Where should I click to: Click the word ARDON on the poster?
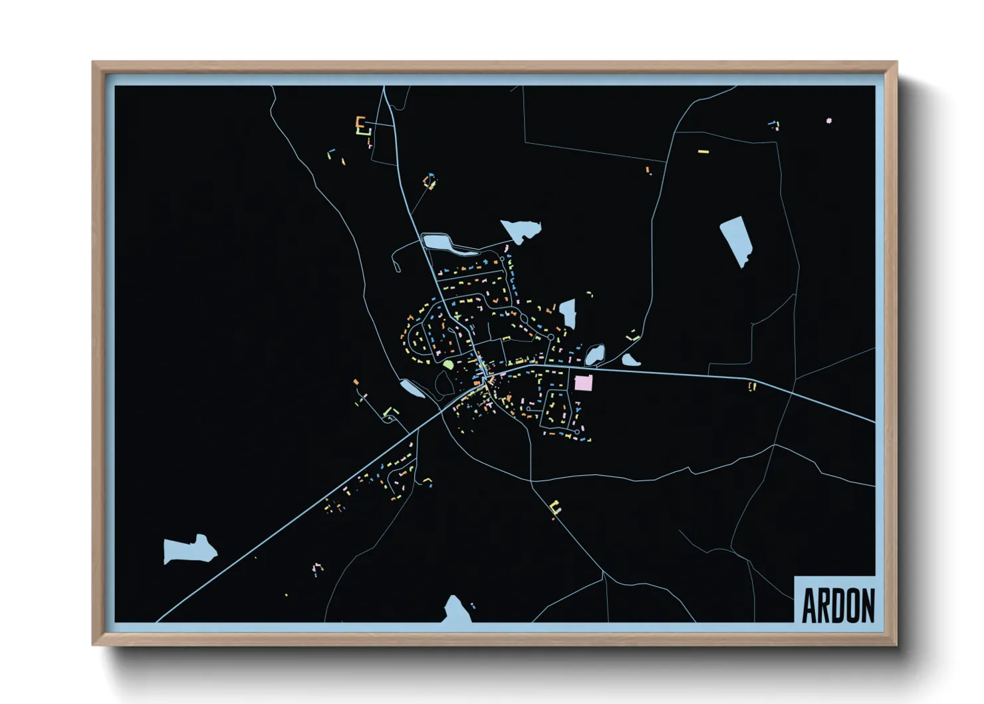(x=838, y=605)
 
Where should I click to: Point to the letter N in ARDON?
(x=866, y=605)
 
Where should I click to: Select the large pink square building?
(x=583, y=383)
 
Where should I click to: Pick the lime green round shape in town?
(x=448, y=365)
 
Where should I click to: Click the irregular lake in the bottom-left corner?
(x=189, y=550)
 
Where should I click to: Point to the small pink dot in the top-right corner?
(x=828, y=120)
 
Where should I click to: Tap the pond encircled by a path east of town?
(x=594, y=355)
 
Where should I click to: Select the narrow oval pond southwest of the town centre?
(x=412, y=389)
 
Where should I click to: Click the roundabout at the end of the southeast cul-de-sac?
(x=577, y=432)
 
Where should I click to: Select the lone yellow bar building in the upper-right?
(x=703, y=152)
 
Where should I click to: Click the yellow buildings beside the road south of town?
(x=555, y=508)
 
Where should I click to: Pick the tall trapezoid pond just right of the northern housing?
(x=568, y=313)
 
